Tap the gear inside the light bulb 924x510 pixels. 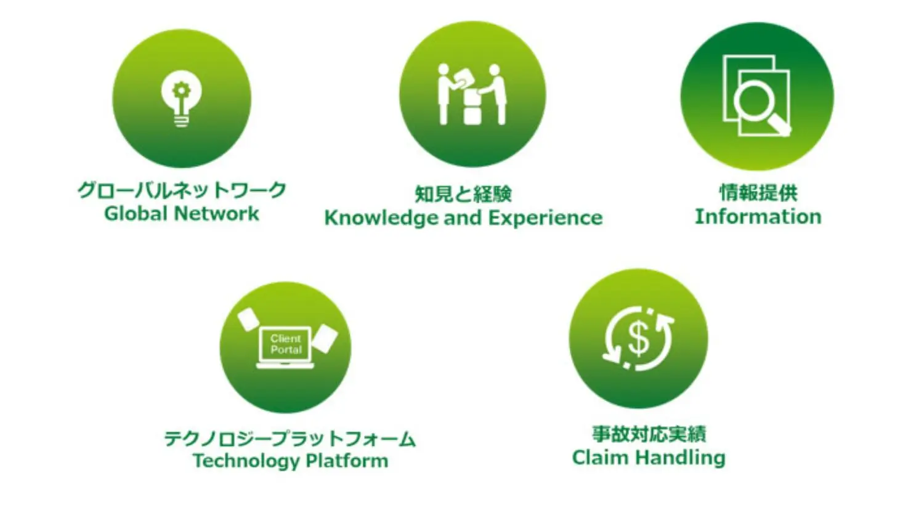(181, 91)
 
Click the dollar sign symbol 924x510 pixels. (639, 339)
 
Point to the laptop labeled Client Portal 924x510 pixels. (285, 347)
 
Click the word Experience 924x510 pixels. (545, 218)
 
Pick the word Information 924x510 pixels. (758, 217)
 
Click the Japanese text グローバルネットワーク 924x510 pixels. (182, 190)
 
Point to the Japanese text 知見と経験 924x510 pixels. (463, 194)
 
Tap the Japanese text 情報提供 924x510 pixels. (758, 193)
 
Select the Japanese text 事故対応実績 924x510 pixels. (649, 434)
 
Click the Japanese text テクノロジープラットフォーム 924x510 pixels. (290, 439)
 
